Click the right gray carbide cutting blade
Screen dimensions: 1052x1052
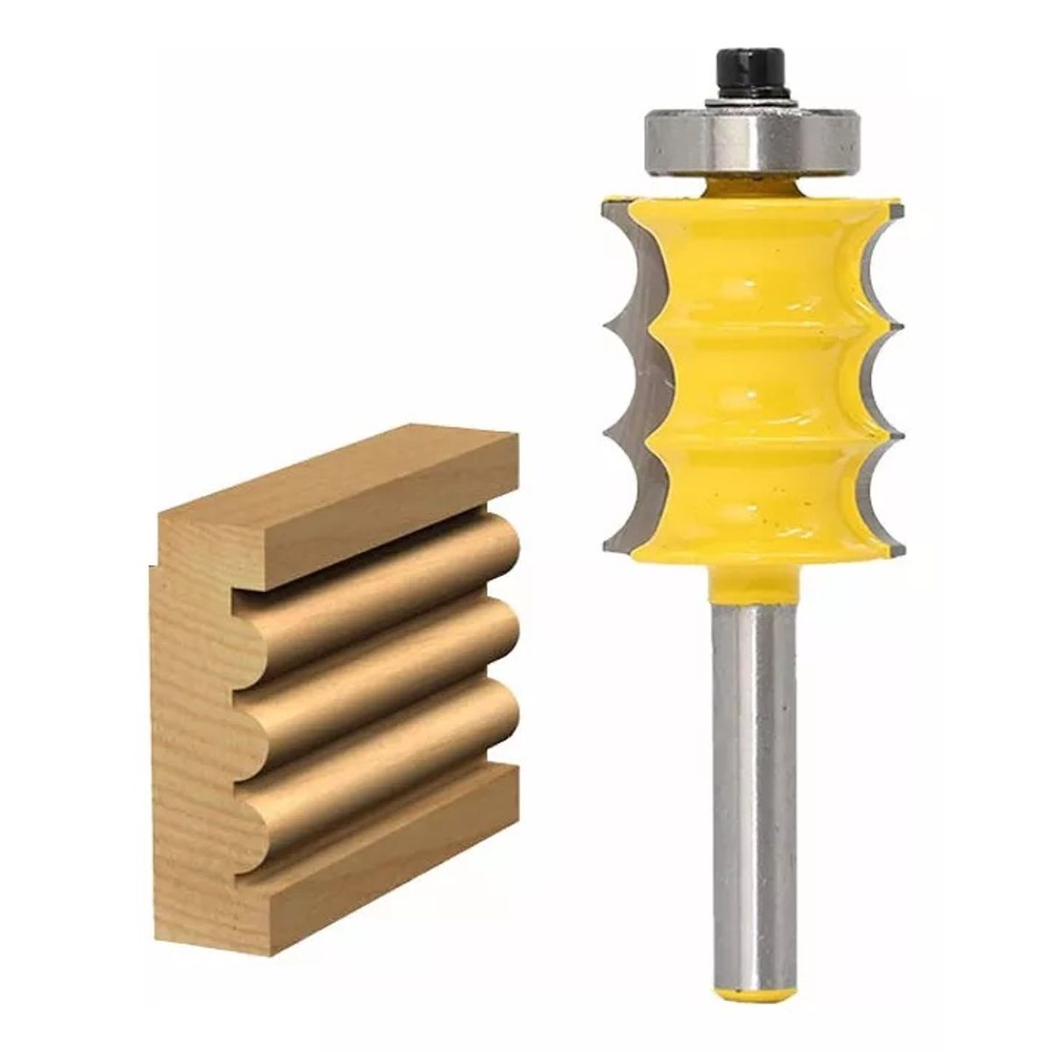coord(881,368)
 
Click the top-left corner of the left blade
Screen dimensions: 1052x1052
coord(605,203)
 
